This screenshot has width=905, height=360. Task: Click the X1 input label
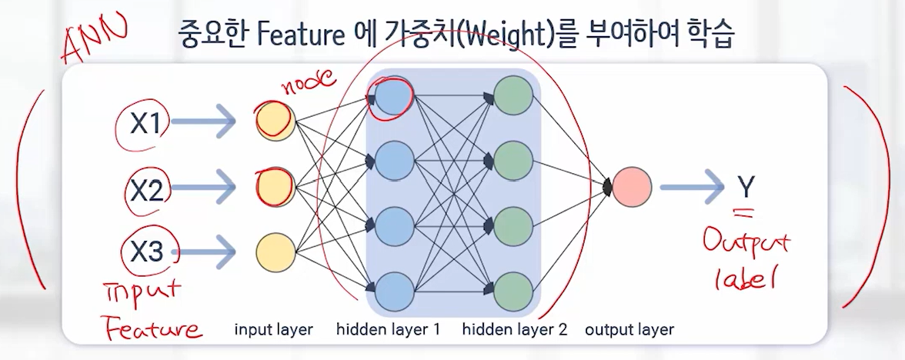tap(145, 123)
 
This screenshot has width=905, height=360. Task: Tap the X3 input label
tap(146, 252)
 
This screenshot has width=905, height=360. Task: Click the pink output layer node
tap(631, 187)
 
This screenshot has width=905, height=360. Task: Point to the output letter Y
tap(746, 186)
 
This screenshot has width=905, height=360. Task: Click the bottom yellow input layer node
tap(276, 252)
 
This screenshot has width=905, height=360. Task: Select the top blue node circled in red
tap(394, 96)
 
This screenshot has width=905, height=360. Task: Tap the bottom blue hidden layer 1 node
tap(394, 292)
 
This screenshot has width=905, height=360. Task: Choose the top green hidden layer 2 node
tap(513, 95)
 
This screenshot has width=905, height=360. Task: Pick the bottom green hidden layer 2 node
tap(513, 292)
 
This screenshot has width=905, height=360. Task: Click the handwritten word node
tap(308, 83)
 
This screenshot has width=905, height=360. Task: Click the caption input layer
tap(274, 330)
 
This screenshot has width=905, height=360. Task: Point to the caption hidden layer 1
tap(389, 330)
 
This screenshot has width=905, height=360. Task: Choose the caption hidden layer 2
tap(515, 330)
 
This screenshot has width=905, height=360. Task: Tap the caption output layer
tap(629, 330)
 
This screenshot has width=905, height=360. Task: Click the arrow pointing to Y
tap(692, 187)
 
